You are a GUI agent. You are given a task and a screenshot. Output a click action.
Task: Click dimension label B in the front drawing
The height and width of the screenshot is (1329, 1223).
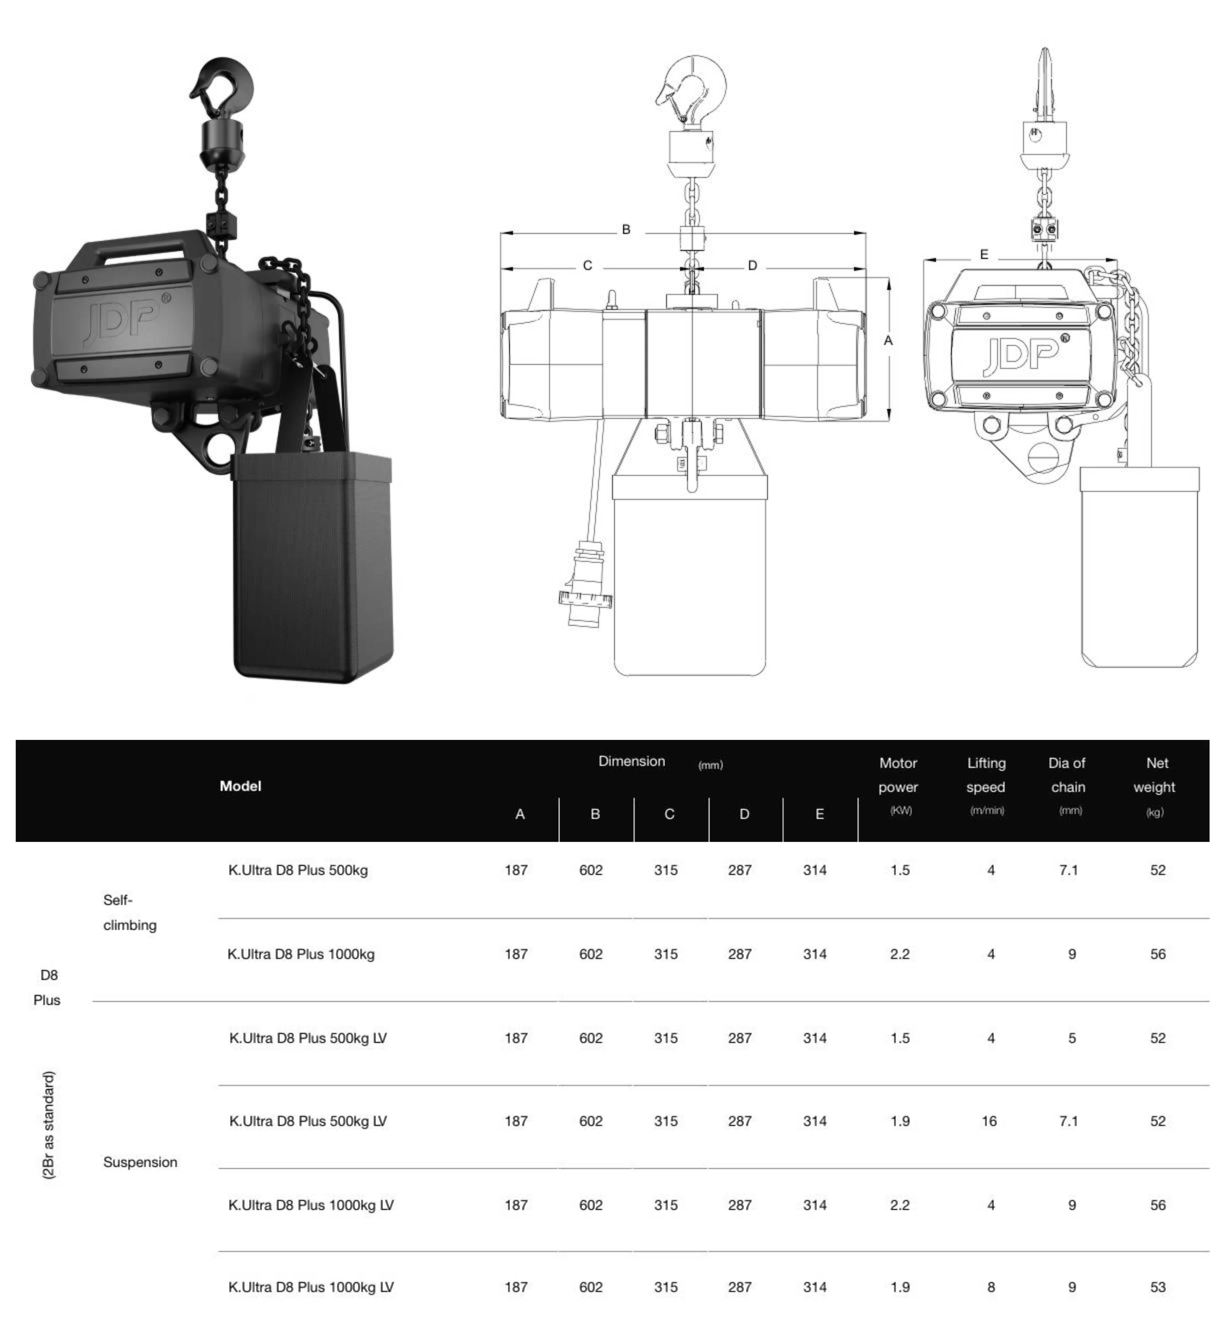pyautogui.click(x=626, y=230)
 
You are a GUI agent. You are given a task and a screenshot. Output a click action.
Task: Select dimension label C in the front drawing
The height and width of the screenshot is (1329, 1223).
pyautogui.click(x=587, y=265)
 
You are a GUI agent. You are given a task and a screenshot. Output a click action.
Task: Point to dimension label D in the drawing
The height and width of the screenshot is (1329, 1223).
pyautogui.click(x=753, y=265)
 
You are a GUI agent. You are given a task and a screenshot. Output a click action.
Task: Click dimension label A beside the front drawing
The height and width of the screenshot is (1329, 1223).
pyautogui.click(x=888, y=340)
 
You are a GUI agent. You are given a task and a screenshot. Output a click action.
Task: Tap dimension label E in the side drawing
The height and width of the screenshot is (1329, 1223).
pyautogui.click(x=984, y=254)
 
